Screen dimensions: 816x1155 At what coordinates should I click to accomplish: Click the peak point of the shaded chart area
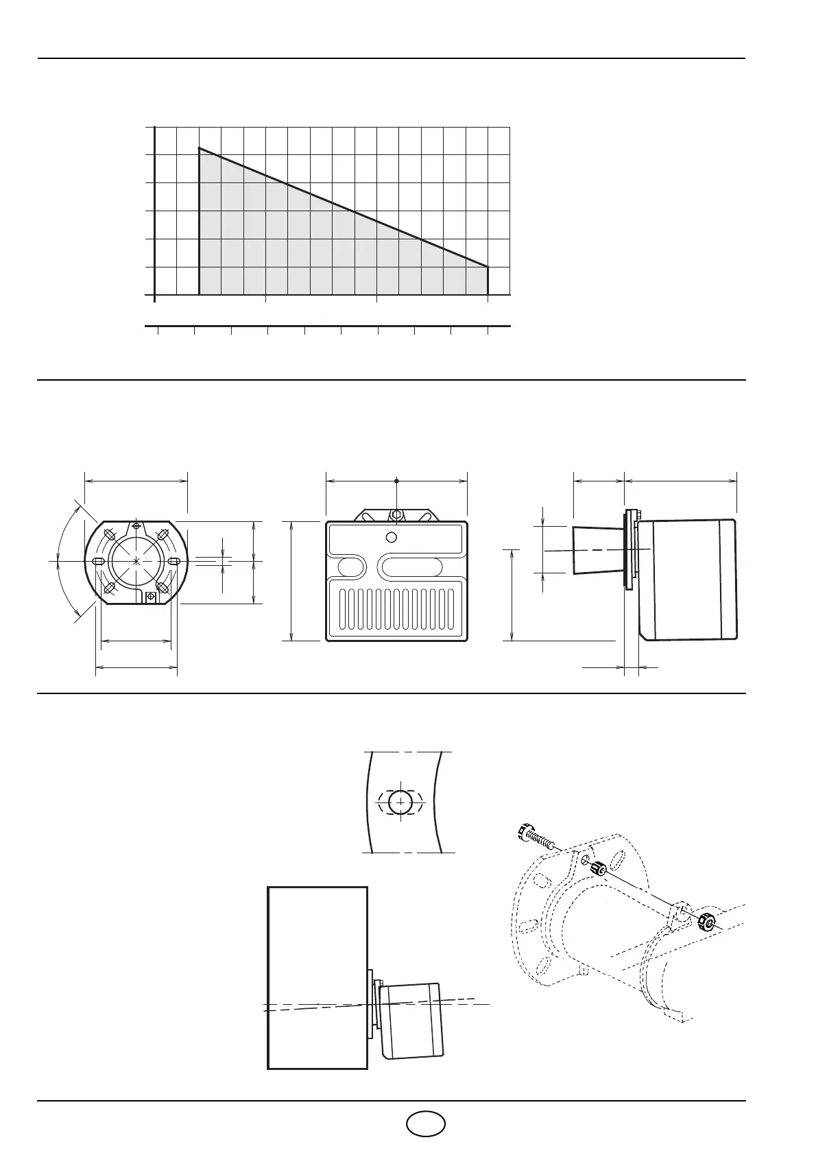pyautogui.click(x=200, y=148)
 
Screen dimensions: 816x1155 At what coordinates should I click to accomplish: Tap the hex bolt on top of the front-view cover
pyautogui.click(x=396, y=514)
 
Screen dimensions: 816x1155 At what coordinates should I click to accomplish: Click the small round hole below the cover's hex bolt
pyautogui.click(x=391, y=536)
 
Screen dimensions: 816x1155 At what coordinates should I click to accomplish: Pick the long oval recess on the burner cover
pyautogui.click(x=416, y=566)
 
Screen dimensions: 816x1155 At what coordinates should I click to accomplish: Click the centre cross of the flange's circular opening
pyautogui.click(x=137, y=561)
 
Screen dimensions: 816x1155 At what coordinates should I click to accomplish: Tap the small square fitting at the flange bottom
pyautogui.click(x=151, y=597)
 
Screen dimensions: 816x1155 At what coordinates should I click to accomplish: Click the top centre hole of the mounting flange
pyautogui.click(x=137, y=526)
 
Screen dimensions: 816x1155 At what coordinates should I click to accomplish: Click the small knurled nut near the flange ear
pyautogui.click(x=599, y=869)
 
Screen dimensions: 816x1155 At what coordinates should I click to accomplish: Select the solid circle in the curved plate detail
pyautogui.click(x=400, y=802)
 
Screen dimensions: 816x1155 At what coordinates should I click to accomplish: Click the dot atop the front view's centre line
pyautogui.click(x=397, y=480)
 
